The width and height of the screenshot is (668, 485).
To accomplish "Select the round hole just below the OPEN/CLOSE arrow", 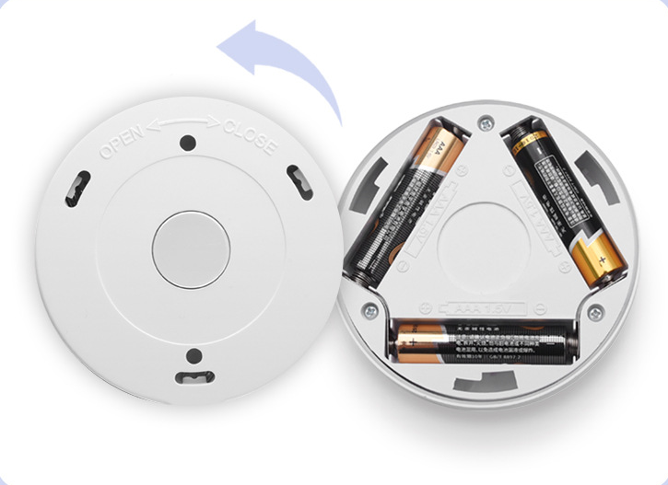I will (x=187, y=144).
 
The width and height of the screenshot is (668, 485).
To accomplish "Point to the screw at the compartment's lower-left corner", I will (x=370, y=311).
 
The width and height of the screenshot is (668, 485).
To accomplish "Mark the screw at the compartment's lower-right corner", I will (x=594, y=310).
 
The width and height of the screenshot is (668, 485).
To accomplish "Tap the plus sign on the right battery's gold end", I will (x=602, y=261).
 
